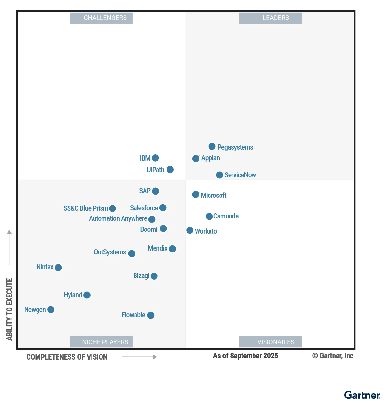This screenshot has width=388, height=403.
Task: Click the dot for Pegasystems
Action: pyautogui.click(x=212, y=146)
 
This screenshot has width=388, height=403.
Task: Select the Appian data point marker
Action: pyautogui.click(x=196, y=159)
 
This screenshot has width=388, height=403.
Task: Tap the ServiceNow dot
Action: pyautogui.click(x=220, y=175)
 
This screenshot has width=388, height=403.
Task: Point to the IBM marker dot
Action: pyautogui.click(x=155, y=158)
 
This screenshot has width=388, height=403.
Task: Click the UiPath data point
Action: pyautogui.click(x=170, y=170)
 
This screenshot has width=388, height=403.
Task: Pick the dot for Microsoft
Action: pyautogui.click(x=196, y=195)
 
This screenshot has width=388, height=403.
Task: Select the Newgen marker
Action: pyautogui.click(x=51, y=310)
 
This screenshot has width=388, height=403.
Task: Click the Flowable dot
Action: pyautogui.click(x=151, y=315)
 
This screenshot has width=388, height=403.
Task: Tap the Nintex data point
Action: pyautogui.click(x=58, y=268)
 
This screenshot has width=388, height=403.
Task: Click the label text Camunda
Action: pyautogui.click(x=226, y=216)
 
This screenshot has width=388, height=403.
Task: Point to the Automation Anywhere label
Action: pyautogui.click(x=118, y=218)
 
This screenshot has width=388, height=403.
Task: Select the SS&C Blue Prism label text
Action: pyautogui.click(x=86, y=208)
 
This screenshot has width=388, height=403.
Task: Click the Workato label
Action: pyautogui.click(x=206, y=231)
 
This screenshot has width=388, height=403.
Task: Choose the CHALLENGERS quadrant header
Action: pyautogui.click(x=101, y=18)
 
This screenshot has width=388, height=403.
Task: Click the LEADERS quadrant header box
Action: pyautogui.click(x=271, y=18)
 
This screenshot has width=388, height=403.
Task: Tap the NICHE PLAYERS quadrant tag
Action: pyautogui.click(x=101, y=342)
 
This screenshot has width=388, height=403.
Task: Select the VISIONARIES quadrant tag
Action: pyautogui.click(x=271, y=342)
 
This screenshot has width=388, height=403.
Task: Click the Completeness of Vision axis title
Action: pyautogui.click(x=67, y=357)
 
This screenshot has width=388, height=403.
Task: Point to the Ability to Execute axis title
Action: pyautogui.click(x=9, y=309)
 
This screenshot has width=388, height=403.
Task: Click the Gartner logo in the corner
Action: pyautogui.click(x=362, y=395)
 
